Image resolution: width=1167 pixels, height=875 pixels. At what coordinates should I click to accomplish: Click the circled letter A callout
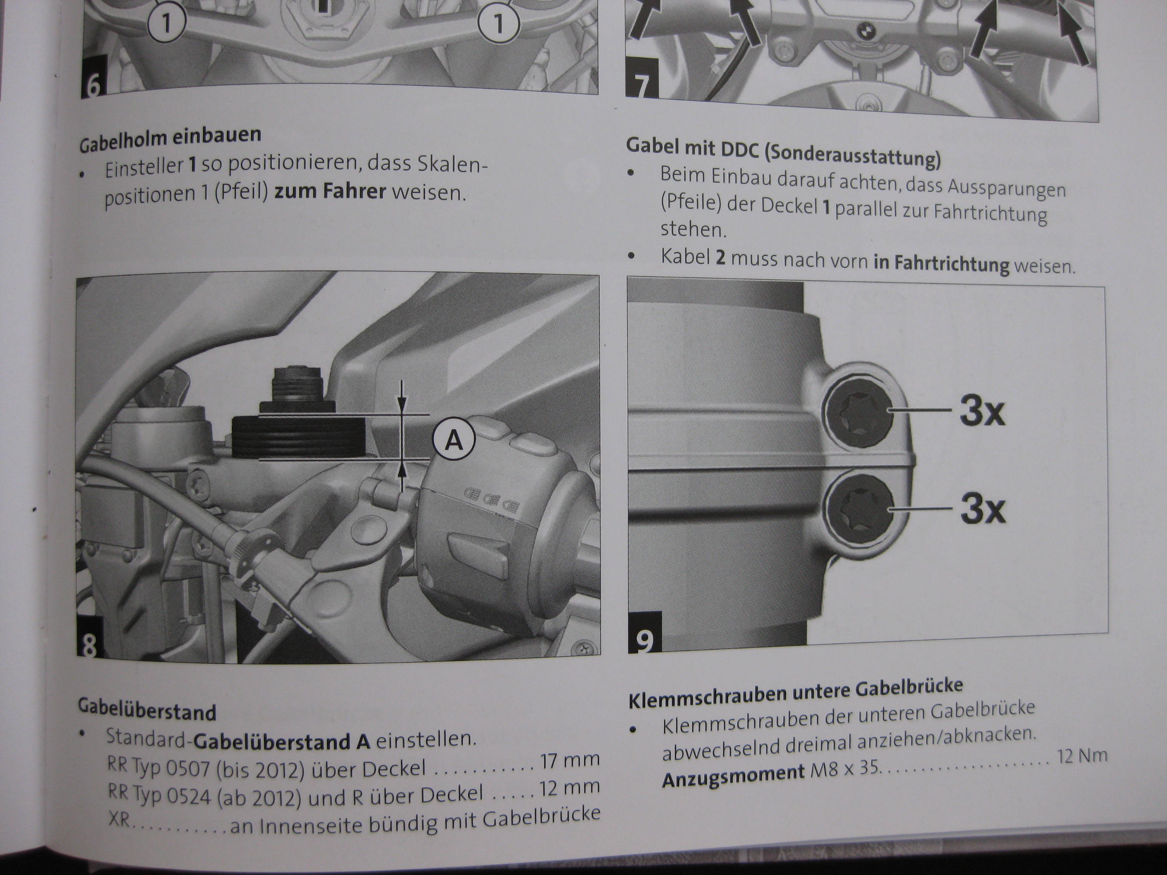click(x=455, y=440)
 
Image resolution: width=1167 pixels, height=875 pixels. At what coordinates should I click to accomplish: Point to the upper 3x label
click(x=982, y=411)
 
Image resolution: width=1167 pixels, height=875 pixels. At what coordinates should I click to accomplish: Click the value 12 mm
click(x=570, y=788)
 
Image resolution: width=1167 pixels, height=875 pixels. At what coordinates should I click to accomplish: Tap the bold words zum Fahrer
click(x=331, y=191)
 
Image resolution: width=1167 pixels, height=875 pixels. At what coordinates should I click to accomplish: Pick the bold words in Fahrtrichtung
click(x=941, y=261)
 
